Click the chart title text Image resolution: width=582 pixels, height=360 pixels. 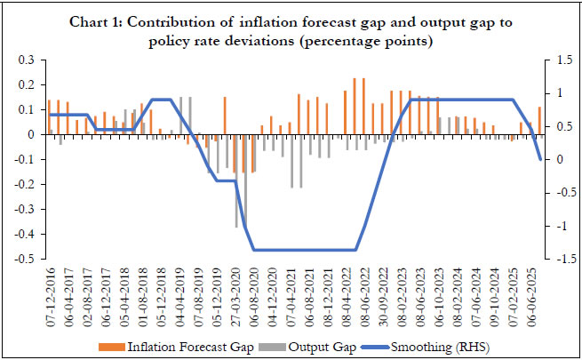[x=290, y=30]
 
